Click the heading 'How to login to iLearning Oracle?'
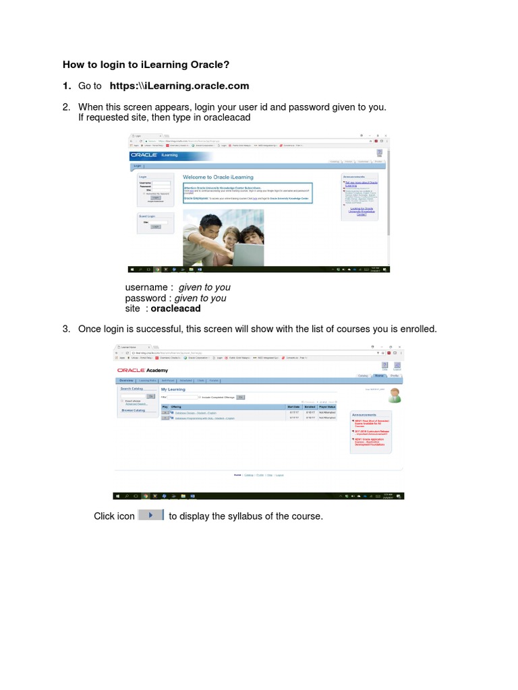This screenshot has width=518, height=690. click(146, 65)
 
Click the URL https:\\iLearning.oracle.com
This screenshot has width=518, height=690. click(179, 86)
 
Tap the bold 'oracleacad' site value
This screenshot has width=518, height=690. click(175, 309)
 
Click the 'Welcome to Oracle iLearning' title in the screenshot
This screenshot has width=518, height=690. click(218, 177)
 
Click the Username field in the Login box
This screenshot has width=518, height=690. click(161, 183)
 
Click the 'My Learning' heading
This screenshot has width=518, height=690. click(173, 389)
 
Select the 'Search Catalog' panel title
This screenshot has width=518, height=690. click(132, 389)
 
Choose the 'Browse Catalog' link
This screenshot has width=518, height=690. click(133, 410)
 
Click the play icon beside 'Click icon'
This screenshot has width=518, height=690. click(151, 515)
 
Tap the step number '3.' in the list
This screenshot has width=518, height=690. click(66, 329)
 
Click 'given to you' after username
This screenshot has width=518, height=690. click(204, 287)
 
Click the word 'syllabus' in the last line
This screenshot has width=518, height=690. click(248, 516)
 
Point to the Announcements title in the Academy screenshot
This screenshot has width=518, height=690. click(365, 414)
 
